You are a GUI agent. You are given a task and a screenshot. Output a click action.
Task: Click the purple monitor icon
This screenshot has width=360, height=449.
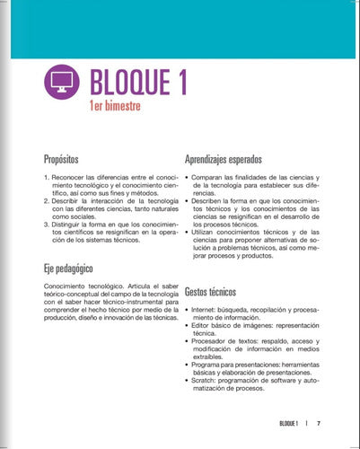tap(61, 84)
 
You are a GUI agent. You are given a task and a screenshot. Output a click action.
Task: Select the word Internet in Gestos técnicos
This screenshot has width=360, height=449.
tap(206, 310)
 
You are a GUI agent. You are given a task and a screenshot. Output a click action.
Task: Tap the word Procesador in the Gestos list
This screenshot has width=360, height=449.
tap(212, 341)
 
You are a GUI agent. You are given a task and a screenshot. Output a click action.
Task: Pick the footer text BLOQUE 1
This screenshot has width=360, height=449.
tap(289, 422)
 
